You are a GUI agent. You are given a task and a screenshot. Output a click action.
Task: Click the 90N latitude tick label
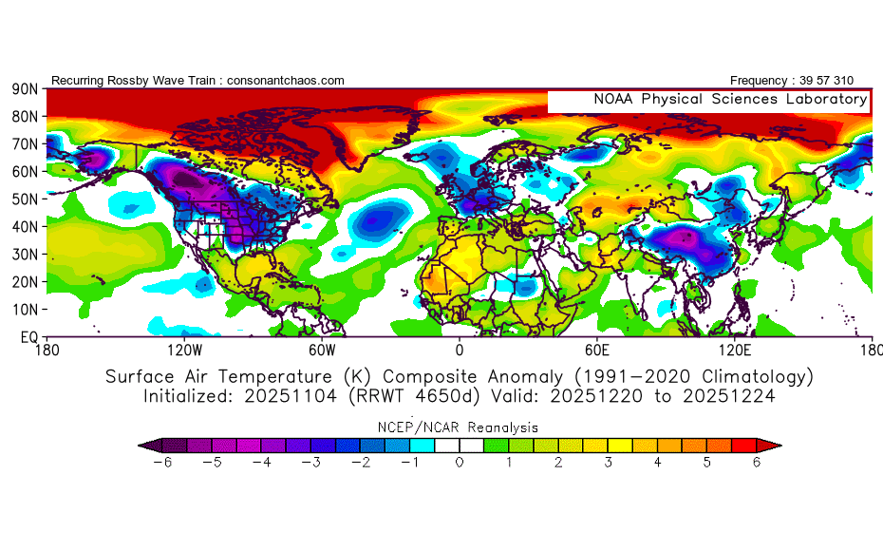pyautogui.click(x=24, y=88)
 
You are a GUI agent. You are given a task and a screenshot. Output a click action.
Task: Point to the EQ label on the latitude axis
pyautogui.click(x=28, y=337)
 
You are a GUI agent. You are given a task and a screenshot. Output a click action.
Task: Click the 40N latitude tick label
pyautogui.click(x=24, y=226)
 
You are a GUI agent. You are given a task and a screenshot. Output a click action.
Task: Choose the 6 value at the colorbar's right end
pyautogui.click(x=756, y=463)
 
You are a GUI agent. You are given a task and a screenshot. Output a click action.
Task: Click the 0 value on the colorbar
pyautogui.click(x=460, y=463)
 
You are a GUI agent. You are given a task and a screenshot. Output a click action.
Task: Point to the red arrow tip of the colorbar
pyautogui.click(x=775, y=445)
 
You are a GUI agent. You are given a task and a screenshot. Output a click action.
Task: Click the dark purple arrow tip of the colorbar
pyautogui.click(x=144, y=445)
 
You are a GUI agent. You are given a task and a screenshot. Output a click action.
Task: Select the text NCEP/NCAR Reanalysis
pyautogui.click(x=460, y=427)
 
